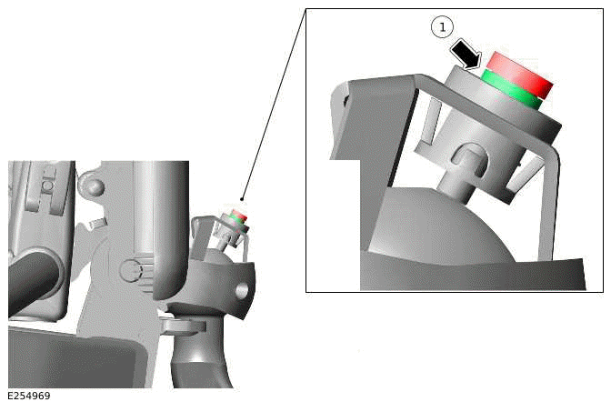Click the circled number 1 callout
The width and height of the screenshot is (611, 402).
pos(442,27)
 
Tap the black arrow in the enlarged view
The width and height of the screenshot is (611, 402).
pos(466,55)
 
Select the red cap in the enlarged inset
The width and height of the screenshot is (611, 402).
pos(519,74)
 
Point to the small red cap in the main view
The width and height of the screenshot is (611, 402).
pos(240,214)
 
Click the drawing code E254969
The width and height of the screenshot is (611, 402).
pos(29,396)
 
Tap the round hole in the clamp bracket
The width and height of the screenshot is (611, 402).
pos(242,290)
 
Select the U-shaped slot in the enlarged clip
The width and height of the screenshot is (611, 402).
pos(470,158)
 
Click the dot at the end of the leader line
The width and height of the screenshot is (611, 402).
pos(243,199)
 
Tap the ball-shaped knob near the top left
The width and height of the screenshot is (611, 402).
pos(92,186)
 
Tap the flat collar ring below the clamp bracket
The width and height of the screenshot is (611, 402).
pos(183,327)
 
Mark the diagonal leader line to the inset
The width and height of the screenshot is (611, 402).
pos(274,104)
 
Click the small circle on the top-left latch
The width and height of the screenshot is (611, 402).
pos(47,185)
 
